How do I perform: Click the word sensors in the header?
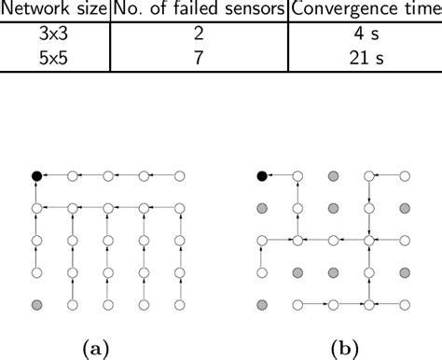tap(250, 10)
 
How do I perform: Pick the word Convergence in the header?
tap(343, 10)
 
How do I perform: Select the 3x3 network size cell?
tap(55, 35)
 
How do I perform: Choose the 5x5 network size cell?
tap(55, 58)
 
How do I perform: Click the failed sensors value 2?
tap(199, 35)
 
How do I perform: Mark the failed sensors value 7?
tap(199, 58)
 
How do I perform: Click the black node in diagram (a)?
tap(36, 174)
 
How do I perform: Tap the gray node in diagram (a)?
tap(36, 304)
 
